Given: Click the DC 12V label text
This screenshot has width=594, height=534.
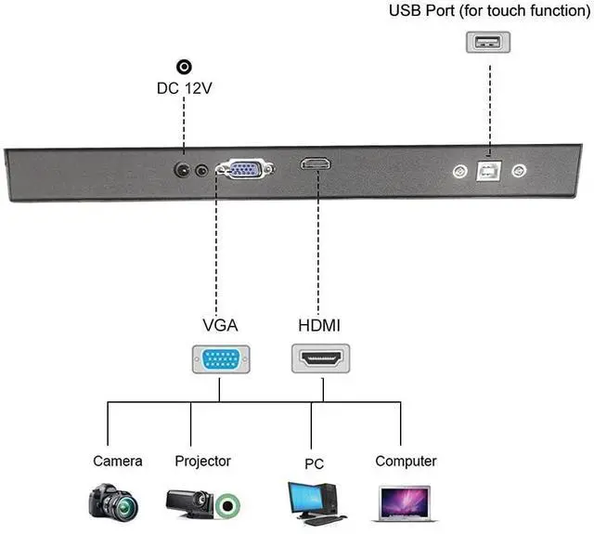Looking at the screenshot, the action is click(184, 88).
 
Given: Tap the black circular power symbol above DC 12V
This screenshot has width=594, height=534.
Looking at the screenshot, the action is click(184, 67).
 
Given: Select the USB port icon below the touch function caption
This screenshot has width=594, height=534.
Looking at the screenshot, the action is click(488, 42).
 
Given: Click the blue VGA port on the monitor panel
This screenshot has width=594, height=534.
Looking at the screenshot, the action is click(245, 168).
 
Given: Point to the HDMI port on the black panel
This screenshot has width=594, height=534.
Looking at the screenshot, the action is click(316, 163).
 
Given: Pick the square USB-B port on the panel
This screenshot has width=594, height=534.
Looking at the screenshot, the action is click(489, 171).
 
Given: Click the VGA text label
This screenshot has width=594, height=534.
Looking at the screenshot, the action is click(220, 326).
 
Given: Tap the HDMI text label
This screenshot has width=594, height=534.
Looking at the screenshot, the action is click(319, 326).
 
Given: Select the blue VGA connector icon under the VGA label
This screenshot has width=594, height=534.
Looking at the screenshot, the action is click(221, 359).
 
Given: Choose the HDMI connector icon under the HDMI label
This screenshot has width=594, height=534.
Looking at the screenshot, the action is click(320, 358).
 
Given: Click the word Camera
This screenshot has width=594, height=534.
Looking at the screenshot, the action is click(118, 462).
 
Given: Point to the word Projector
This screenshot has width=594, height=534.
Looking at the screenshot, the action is click(202, 462).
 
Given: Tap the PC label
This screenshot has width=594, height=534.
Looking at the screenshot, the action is click(314, 464).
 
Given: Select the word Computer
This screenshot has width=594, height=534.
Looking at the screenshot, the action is click(406, 462).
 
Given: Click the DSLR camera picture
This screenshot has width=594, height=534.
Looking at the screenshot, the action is click(113, 501).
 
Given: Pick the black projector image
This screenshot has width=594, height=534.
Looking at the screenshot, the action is click(190, 503).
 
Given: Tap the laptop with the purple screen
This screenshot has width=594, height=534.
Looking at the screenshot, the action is click(406, 503).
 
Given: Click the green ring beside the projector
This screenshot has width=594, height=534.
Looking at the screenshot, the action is click(227, 505).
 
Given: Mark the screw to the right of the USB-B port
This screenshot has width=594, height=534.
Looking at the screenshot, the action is click(519, 171).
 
